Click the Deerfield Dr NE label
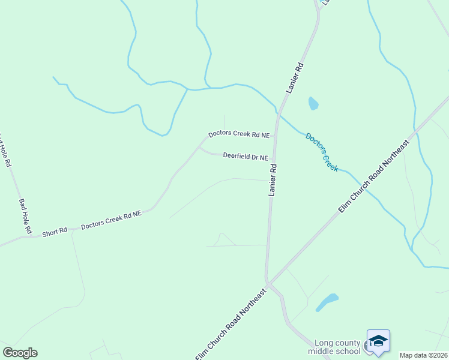[246, 157]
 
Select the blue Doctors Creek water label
[322, 152]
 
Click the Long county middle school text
[334, 347]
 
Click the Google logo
[20, 353]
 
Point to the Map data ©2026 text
[424, 355]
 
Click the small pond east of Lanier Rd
[313, 104]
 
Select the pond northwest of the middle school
[327, 301]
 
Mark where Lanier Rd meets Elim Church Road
[268, 282]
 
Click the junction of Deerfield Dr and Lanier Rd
[274, 160]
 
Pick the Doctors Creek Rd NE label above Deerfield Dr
[238, 134]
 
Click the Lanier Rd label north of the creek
[295, 77]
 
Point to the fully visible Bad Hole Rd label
[25, 217]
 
